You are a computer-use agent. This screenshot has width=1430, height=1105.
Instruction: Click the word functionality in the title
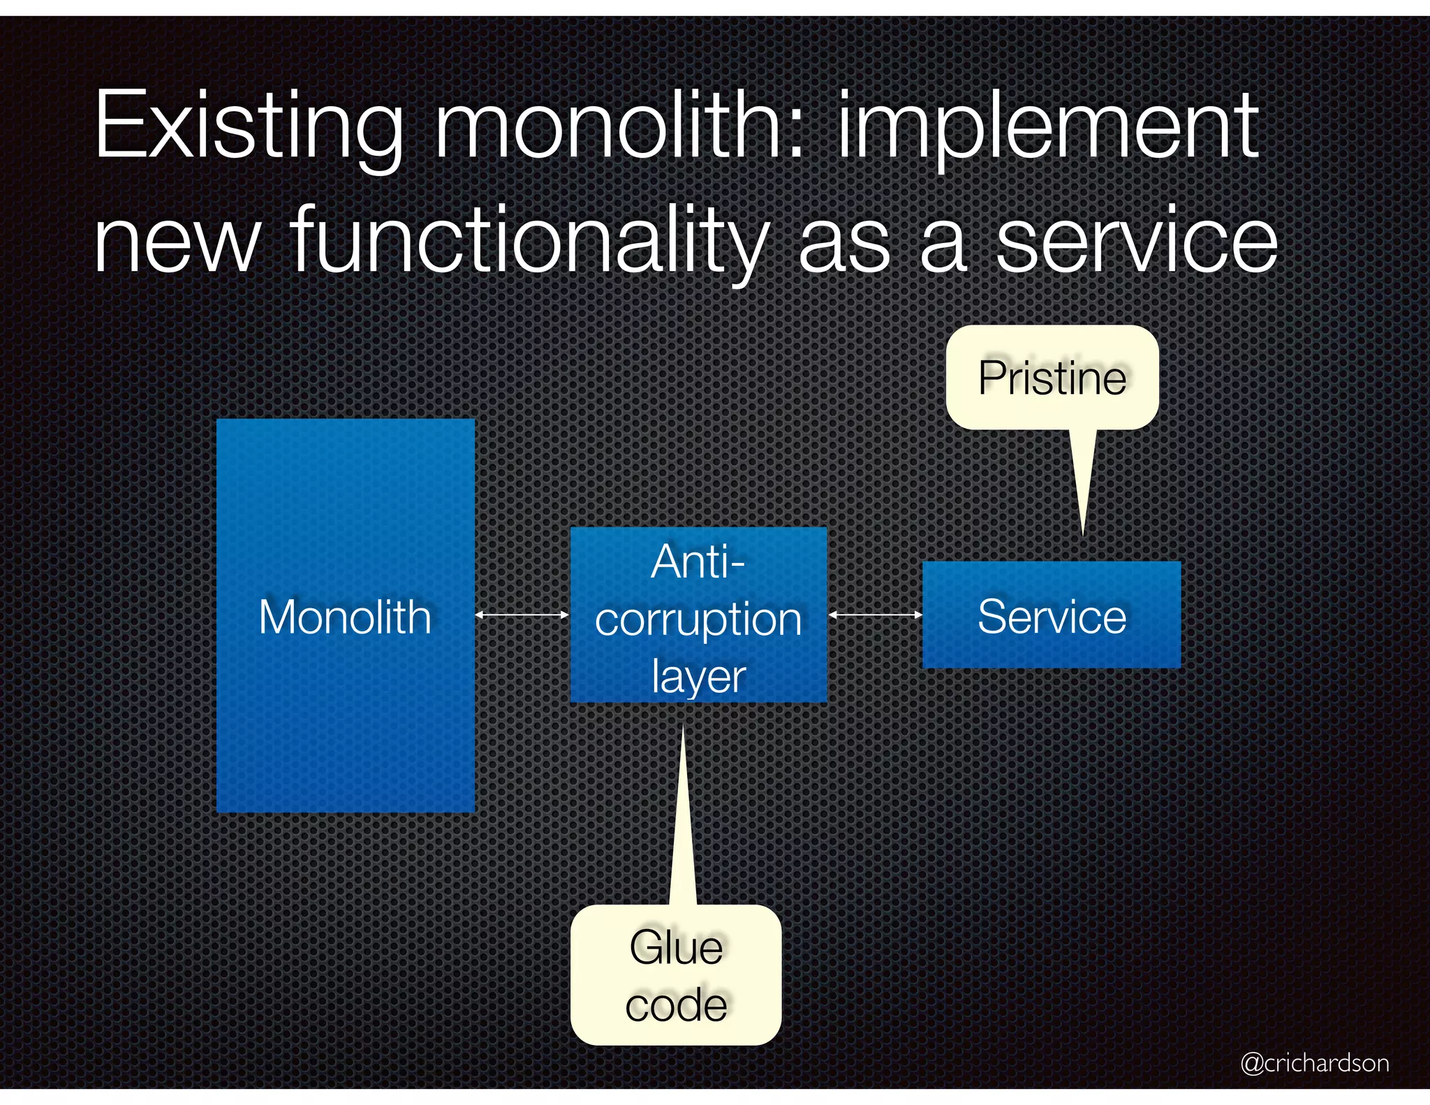[x=531, y=241]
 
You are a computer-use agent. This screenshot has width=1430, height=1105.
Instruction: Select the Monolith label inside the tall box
[x=345, y=617]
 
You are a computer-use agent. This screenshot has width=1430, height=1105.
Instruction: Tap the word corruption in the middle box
[x=698, y=620]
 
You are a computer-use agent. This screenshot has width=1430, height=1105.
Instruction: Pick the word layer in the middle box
[x=698, y=676]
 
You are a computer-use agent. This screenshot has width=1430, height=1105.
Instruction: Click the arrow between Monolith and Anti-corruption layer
[x=522, y=615]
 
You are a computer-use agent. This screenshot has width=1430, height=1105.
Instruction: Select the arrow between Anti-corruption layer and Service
[x=875, y=615]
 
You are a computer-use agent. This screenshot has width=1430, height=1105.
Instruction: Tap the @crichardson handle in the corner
[x=1314, y=1062]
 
